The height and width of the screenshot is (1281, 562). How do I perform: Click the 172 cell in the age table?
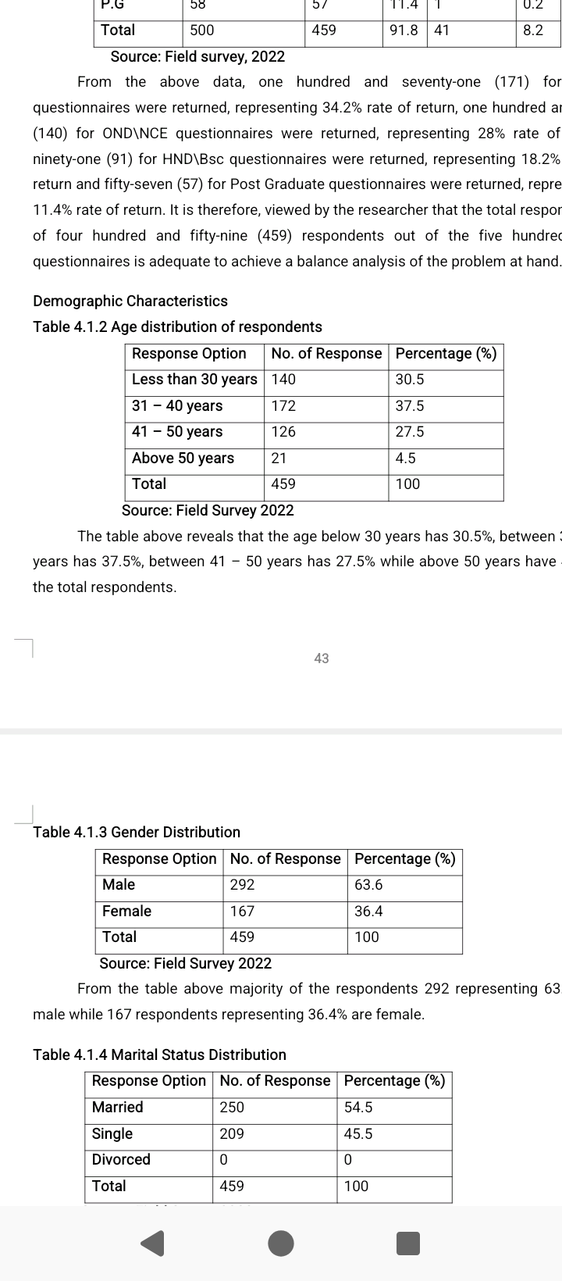283,405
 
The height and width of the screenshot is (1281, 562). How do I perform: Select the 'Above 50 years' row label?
183,458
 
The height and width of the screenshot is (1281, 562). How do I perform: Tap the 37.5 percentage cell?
410,405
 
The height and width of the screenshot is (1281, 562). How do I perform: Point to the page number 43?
322,658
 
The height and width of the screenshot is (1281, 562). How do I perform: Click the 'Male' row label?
119,884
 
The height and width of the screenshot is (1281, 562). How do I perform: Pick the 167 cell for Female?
242,911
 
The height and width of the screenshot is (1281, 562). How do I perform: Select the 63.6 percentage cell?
368,884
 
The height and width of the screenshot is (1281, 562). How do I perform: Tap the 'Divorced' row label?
121,1159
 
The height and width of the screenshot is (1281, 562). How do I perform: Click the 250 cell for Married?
232,1107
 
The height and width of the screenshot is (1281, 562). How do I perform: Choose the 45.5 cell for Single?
358,1133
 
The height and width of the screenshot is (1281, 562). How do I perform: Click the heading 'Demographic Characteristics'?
130,301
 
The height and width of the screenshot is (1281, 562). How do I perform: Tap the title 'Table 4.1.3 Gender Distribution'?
137,832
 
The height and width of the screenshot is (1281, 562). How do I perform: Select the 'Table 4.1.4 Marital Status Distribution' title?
159,1054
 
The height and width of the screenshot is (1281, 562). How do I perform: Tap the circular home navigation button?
281,1242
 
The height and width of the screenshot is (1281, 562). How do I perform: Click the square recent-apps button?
407,1242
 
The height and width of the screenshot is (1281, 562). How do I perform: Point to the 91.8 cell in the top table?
404,30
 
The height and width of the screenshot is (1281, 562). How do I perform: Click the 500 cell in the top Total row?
201,30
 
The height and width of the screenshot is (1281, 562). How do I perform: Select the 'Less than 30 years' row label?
194,379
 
